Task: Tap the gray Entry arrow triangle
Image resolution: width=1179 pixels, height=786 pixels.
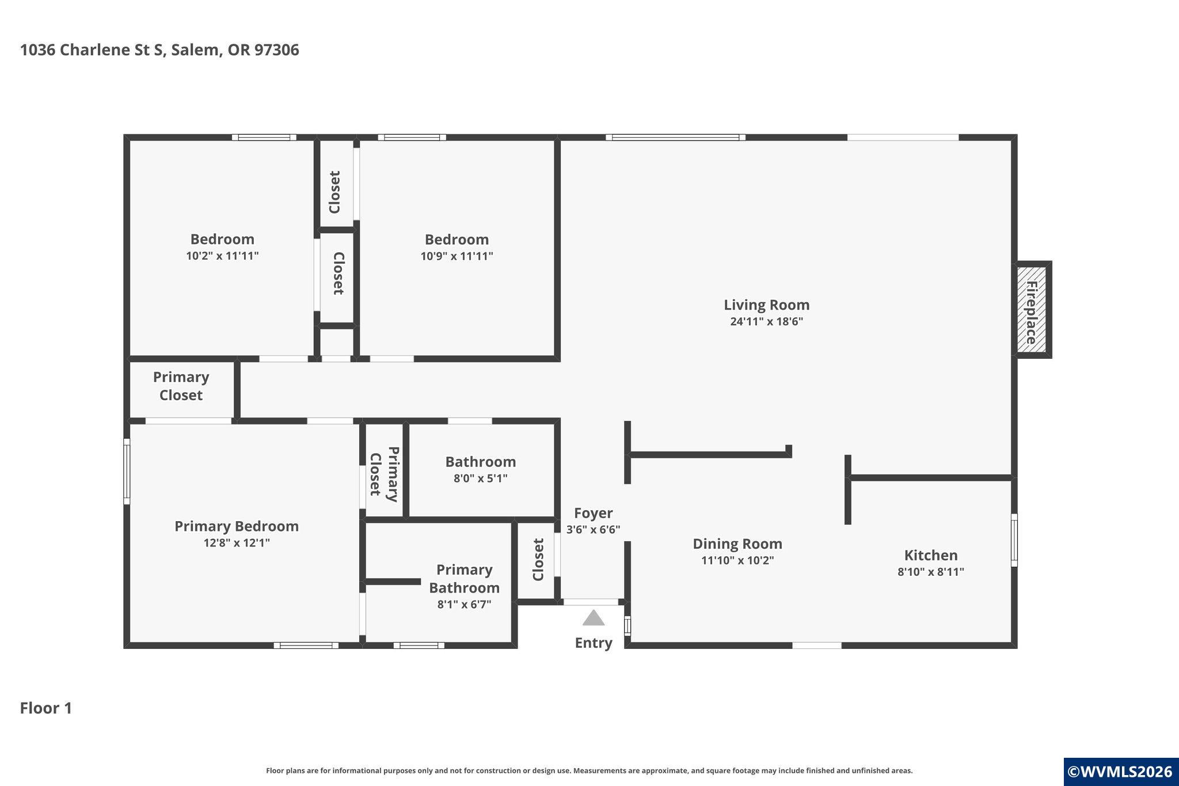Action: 593,618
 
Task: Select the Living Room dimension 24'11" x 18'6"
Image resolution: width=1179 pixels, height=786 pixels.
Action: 766,321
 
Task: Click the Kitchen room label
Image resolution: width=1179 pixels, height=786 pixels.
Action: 931,555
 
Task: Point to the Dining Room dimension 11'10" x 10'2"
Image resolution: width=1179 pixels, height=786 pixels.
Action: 737,560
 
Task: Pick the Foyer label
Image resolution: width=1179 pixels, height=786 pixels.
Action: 593,513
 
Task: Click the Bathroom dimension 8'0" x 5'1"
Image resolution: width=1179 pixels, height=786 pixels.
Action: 480,478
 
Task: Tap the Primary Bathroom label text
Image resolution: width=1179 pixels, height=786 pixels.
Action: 464,578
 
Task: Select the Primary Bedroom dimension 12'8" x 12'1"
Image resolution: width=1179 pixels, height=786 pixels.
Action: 237,542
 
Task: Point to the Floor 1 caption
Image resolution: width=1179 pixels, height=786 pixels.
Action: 46,708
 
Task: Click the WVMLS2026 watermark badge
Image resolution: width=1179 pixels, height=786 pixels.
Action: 1121,772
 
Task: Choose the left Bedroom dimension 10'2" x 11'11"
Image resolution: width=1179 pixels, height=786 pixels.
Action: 222,256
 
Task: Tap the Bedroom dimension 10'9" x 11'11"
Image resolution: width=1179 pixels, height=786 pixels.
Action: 457,256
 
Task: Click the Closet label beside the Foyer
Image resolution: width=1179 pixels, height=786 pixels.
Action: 538,560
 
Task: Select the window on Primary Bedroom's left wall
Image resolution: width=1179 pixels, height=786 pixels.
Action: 127,472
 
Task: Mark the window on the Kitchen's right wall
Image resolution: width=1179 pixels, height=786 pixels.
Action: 1014,540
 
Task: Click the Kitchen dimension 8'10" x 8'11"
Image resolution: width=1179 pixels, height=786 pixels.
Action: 931,572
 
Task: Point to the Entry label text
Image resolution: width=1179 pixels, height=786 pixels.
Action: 594,643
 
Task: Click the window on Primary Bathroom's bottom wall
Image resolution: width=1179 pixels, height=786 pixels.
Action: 419,645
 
